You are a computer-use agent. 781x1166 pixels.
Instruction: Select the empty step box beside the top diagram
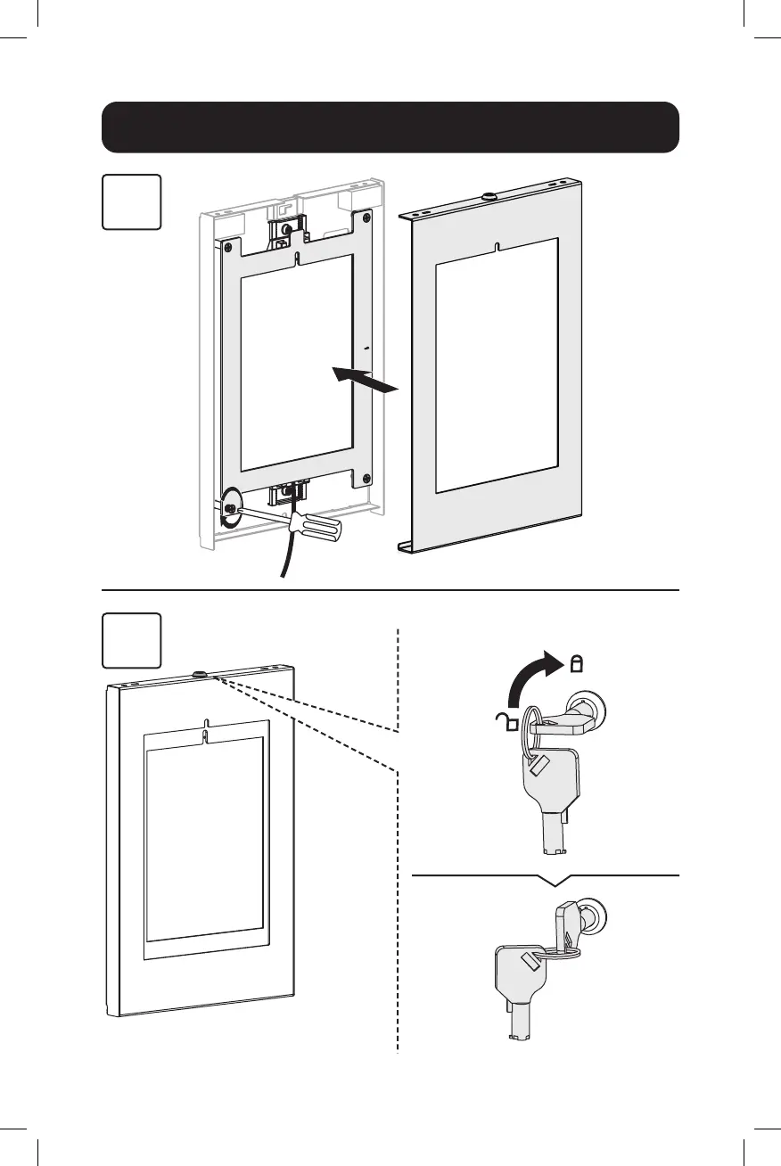point(131,202)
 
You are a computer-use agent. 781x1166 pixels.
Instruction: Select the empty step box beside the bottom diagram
point(131,640)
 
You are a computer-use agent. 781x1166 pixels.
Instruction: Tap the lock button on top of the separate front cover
point(488,195)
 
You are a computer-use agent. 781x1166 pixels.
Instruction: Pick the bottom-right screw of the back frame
point(366,479)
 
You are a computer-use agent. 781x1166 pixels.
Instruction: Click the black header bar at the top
point(390,127)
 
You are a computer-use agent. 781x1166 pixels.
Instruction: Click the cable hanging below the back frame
point(288,553)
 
